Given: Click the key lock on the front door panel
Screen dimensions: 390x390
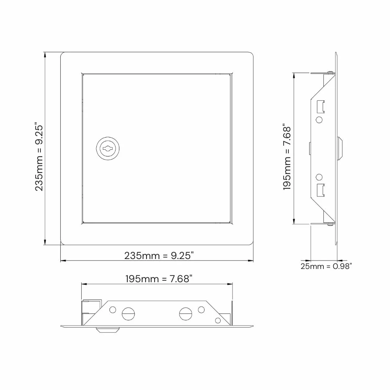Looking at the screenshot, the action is point(108,149).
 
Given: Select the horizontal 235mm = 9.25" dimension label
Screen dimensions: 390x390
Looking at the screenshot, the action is point(159,255).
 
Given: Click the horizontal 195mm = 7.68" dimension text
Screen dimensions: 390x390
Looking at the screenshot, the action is point(159,279).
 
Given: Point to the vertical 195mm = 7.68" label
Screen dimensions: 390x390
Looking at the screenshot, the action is point(287,158).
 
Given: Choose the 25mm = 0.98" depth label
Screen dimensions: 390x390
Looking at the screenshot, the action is point(326,266).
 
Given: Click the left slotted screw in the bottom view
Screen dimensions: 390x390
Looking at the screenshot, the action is point(128,314).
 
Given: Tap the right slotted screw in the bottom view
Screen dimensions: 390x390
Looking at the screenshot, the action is point(185,314).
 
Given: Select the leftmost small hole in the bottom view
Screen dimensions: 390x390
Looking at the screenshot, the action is point(113,310).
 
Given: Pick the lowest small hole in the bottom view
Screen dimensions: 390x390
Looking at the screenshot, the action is point(218,320).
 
